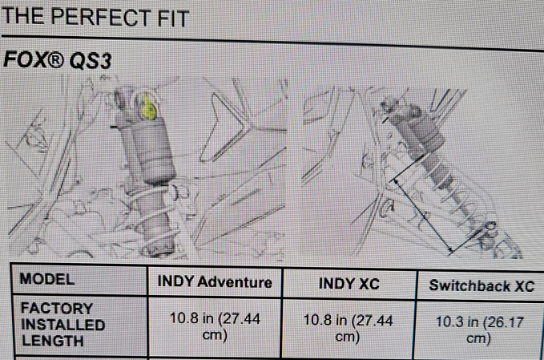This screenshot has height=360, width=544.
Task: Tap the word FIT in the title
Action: point(174,18)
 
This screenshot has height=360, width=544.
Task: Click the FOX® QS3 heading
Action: point(57,59)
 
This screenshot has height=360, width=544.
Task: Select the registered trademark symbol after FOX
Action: point(55,59)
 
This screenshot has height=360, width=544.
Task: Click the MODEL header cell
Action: point(47,279)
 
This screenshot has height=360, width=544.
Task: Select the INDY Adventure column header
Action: point(215,282)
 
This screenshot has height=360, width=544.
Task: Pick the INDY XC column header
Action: point(349,284)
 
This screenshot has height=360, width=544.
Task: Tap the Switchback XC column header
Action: point(482,286)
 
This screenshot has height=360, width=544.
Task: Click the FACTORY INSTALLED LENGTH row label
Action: point(62,325)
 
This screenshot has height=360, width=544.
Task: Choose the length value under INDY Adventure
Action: point(215,326)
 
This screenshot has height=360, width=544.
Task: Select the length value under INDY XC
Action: point(348,329)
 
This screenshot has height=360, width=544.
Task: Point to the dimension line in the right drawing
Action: point(422,215)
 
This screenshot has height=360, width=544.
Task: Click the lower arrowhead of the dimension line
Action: point(450,249)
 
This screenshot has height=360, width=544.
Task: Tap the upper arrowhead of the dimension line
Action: point(395,181)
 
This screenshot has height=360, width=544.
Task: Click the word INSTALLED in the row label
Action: point(63,325)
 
